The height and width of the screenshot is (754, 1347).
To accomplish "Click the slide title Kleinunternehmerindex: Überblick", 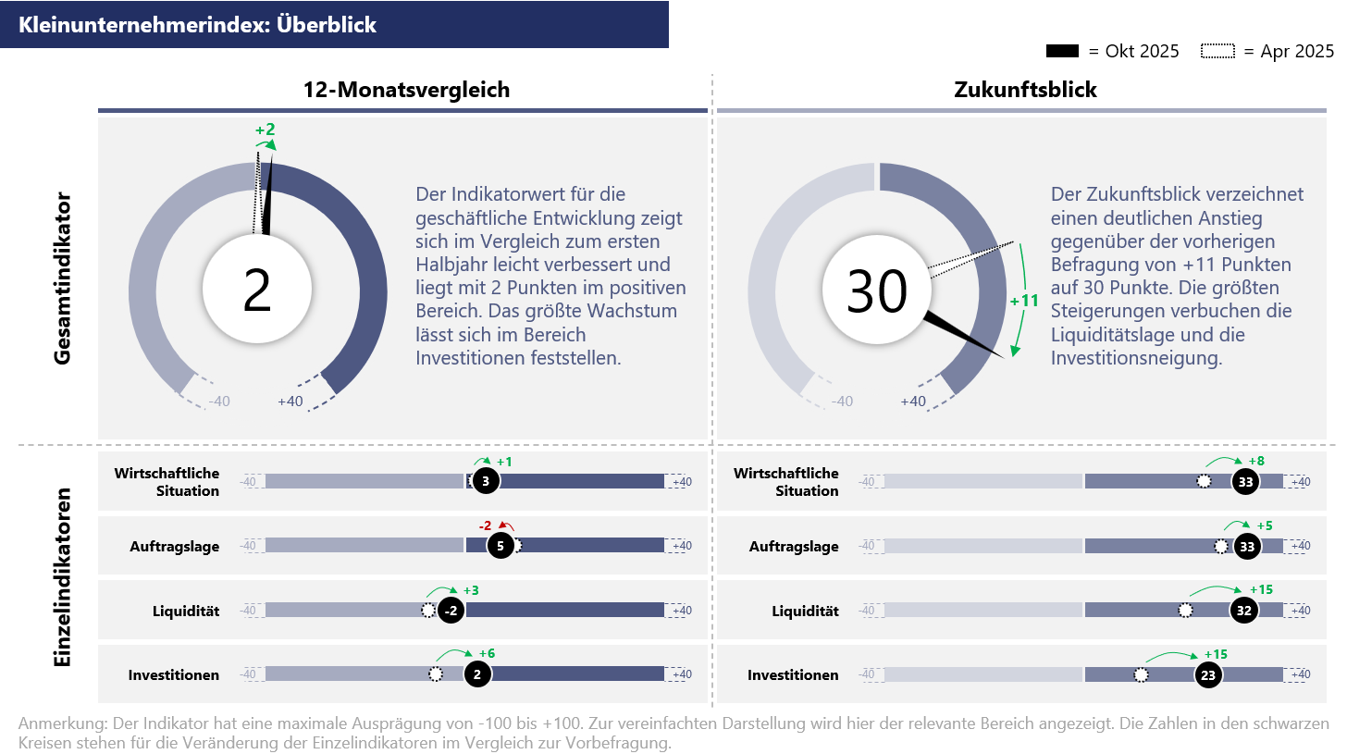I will coord(197,25).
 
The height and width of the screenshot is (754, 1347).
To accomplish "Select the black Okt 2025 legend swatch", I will coord(1063,52).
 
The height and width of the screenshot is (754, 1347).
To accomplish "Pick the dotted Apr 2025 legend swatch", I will coord(1217,52).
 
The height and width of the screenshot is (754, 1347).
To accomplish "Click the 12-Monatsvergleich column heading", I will coord(406,90).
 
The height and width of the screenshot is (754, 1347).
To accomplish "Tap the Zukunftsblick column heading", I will coord(1025,90).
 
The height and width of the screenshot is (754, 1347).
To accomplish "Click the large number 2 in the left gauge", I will coord(256,290).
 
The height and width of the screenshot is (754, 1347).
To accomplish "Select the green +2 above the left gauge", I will coord(266,130).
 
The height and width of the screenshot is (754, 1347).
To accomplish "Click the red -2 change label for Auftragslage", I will coord(486,525).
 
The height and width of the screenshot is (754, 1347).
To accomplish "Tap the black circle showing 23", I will coord(1208,675).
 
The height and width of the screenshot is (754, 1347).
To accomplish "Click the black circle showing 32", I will coord(1244,611).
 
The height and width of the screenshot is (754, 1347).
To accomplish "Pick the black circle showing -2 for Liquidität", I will coord(451,611).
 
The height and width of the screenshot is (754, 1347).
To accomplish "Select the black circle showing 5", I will coord(500,546).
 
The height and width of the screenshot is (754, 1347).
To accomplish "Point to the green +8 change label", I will coord(1256,461).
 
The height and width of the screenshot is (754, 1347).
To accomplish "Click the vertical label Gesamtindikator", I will coord(62,278).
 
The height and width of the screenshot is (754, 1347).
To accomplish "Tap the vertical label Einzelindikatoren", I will coord(62,576).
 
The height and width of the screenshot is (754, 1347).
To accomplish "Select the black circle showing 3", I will coord(486,481).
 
